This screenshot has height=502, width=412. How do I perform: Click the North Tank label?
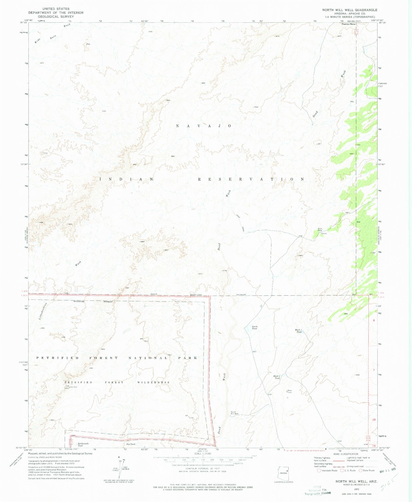[x=254, y=328]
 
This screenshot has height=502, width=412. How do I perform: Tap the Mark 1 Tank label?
[x=298, y=331]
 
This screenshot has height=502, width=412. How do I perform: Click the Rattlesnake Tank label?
[x=83, y=445]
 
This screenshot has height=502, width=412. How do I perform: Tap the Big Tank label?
[x=131, y=444]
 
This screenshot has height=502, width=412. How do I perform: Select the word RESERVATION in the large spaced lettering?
[x=251, y=179]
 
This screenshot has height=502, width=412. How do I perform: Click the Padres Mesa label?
[x=348, y=24]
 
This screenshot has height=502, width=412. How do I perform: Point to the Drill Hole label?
[x=320, y=229]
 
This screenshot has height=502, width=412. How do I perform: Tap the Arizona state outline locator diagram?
[x=283, y=473]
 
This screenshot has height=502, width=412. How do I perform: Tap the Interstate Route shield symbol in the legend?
[x=319, y=470]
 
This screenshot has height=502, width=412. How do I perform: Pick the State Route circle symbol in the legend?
[x=360, y=470]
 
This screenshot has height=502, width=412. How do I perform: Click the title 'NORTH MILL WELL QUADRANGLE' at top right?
[x=350, y=10]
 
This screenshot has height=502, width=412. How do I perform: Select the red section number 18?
[x=374, y=420]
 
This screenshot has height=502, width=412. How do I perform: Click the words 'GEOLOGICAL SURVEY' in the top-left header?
[x=56, y=16]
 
